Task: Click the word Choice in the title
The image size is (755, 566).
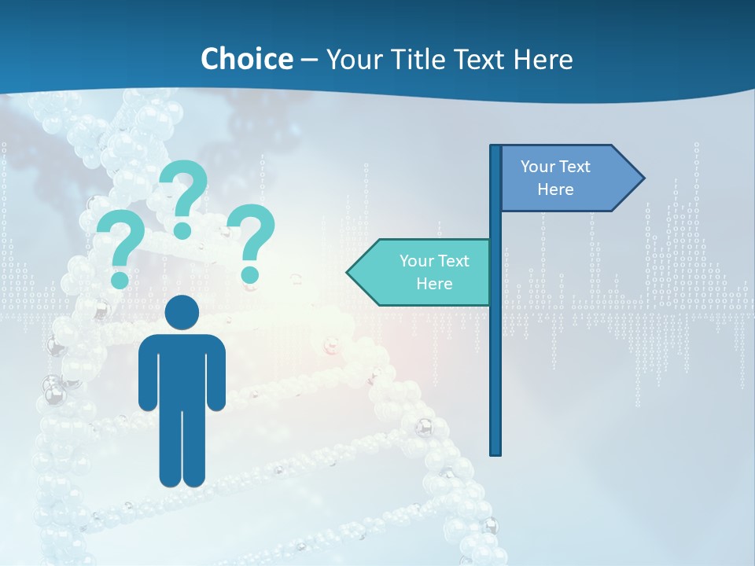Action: pos(246,59)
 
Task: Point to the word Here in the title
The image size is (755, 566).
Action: pos(543,59)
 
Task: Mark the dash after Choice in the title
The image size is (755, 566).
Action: pos(309,60)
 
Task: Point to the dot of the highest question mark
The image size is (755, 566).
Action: pos(182,230)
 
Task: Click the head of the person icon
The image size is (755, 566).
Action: pos(182,312)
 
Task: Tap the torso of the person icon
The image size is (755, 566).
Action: pos(182,369)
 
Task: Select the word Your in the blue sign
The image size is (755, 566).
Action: pos(538,167)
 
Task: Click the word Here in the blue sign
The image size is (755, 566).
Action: pos(555,189)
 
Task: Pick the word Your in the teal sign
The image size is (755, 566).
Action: pos(417,261)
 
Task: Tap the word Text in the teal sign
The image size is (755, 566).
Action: pos(453,261)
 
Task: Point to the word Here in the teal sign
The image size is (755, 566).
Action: pos(434,284)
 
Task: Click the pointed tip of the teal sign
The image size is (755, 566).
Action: pos(348,273)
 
